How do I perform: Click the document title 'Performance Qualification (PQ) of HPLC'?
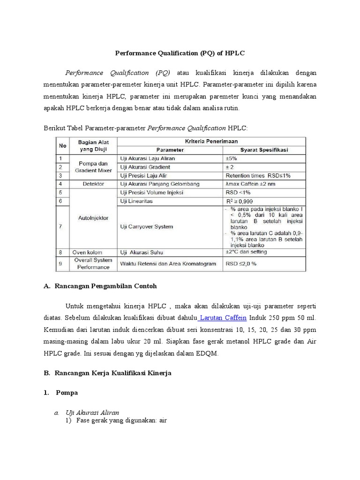(x=180, y=53)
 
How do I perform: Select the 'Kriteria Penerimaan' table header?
(x=211, y=141)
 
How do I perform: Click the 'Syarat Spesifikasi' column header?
(x=264, y=150)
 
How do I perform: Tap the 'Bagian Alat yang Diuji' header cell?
(x=93, y=145)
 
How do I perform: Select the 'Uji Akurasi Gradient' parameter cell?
(x=145, y=167)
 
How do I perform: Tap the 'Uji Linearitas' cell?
(x=137, y=201)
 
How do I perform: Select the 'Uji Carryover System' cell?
(x=147, y=226)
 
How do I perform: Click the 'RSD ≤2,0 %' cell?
(x=241, y=263)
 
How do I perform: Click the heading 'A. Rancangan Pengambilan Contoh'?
(x=100, y=285)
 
